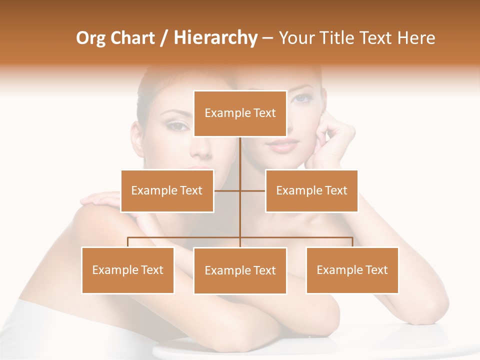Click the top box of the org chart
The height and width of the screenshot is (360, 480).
pyautogui.click(x=240, y=113)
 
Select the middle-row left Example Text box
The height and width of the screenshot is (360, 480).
pyautogui.click(x=167, y=191)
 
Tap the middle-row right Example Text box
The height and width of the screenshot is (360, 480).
pyautogui.click(x=311, y=191)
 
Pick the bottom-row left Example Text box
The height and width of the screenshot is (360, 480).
pyautogui.click(x=128, y=270)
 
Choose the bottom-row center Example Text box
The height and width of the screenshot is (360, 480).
pyautogui.click(x=240, y=271)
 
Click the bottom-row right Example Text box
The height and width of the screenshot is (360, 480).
pyautogui.click(x=352, y=270)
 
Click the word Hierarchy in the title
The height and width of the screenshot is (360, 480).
pyautogui.click(x=215, y=38)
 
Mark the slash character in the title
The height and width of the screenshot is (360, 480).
pyautogui.click(x=164, y=38)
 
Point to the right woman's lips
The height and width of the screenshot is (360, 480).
pyautogui.click(x=282, y=145)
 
